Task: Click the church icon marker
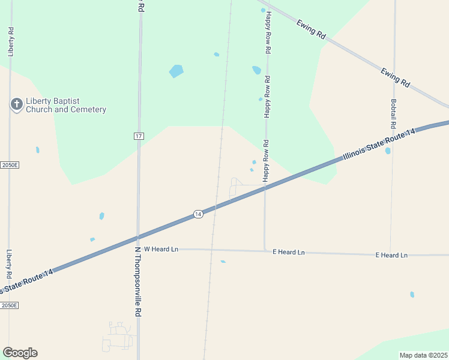[17, 105]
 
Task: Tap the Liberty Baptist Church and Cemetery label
[66, 106]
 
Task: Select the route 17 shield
[139, 136]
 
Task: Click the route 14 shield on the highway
[198, 214]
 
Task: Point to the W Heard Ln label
[161, 248]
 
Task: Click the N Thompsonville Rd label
[137, 281]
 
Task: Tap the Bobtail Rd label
[394, 115]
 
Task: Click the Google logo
[20, 353]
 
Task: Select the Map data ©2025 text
[423, 355]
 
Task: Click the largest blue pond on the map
[176, 71]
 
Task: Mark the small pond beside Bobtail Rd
[388, 151]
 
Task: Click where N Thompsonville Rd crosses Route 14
[138, 236]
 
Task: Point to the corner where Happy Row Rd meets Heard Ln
[265, 250]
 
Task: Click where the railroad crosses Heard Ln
[211, 249]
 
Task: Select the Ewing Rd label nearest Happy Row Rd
[311, 29]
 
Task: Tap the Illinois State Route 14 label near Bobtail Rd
[379, 144]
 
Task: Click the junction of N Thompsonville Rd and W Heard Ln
[138, 248]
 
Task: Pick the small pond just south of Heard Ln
[223, 262]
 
